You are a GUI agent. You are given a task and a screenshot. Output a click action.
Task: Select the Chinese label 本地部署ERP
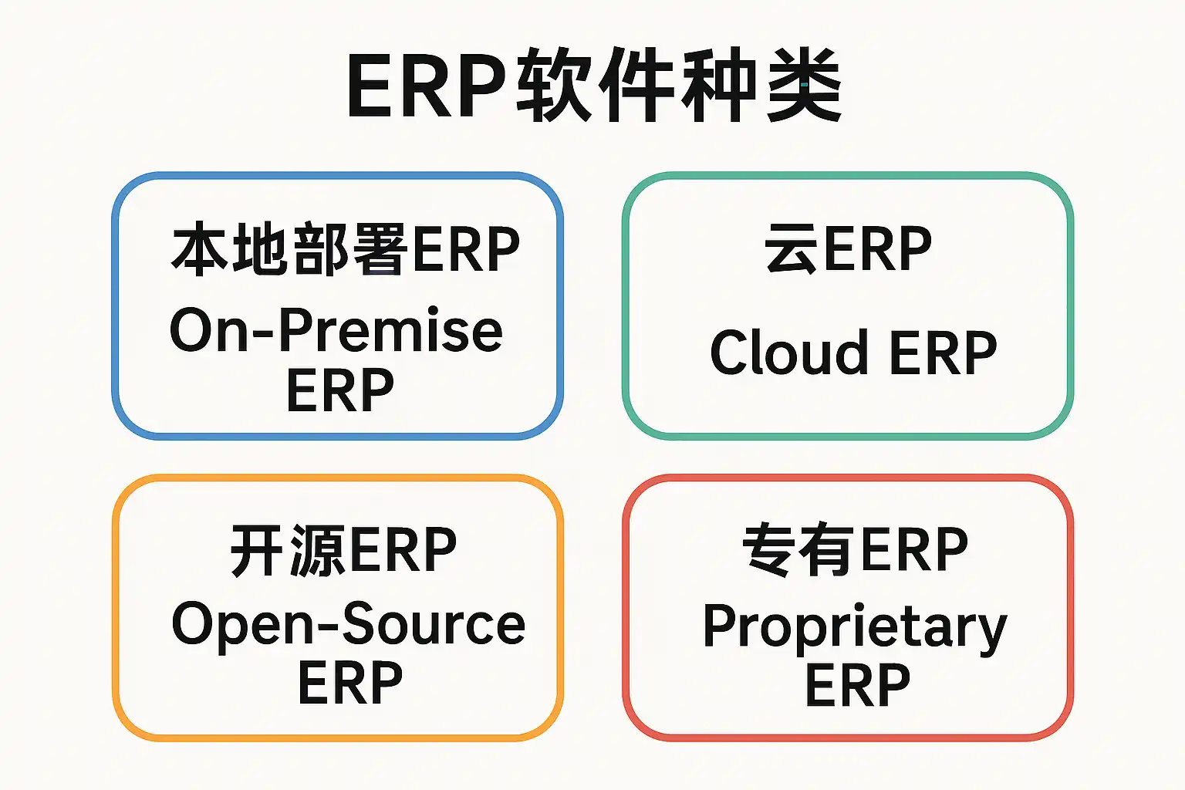(x=345, y=249)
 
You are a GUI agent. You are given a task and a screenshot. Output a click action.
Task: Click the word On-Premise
(x=336, y=331)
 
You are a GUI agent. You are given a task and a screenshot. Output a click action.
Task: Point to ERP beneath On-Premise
(x=339, y=390)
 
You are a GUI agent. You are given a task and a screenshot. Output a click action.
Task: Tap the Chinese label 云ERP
(x=848, y=249)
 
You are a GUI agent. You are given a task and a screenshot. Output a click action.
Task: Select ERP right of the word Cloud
(x=943, y=353)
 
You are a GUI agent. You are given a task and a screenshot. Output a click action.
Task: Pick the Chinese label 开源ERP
(x=343, y=550)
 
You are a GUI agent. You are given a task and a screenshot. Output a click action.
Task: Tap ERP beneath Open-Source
(x=350, y=683)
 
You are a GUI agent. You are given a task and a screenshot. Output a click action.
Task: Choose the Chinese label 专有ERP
(x=855, y=550)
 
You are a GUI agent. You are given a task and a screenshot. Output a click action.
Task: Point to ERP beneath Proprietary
(x=857, y=685)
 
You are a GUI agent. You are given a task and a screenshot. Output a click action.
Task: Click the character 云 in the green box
(x=792, y=249)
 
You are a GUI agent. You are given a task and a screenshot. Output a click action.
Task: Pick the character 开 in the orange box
(x=258, y=550)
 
